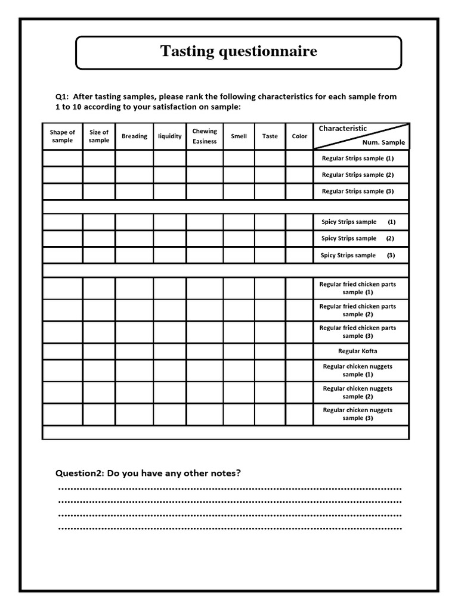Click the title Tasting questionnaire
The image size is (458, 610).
[x=239, y=52]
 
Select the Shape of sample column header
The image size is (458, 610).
[x=63, y=136]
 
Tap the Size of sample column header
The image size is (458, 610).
[x=99, y=136]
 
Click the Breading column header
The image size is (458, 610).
[x=134, y=136]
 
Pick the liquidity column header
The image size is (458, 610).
[x=170, y=136]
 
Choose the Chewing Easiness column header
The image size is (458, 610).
[x=205, y=136]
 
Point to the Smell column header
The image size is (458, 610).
[x=239, y=136]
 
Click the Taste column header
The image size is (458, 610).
[x=270, y=136]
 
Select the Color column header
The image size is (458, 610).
[x=299, y=136]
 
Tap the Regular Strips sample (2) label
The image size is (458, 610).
[x=358, y=175]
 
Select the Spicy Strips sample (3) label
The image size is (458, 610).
[x=358, y=256]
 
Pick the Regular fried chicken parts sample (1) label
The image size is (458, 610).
[x=358, y=288]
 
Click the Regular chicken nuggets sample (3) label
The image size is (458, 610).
[x=358, y=414]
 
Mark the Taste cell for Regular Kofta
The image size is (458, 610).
[x=270, y=351]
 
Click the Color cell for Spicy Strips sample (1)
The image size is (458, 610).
[x=299, y=222]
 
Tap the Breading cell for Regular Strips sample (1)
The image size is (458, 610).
[x=134, y=158]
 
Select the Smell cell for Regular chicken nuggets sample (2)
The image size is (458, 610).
[x=239, y=392]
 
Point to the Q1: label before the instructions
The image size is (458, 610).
[x=63, y=97]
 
